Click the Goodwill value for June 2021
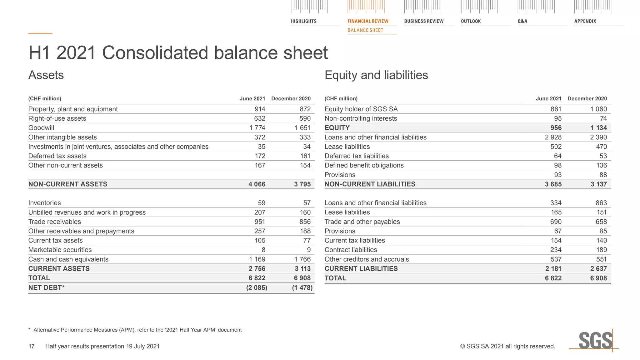point(257,128)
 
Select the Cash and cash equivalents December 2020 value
point(302,259)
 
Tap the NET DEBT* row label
point(46,287)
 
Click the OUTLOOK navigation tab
point(471,21)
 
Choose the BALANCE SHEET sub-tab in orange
point(365,30)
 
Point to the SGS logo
point(595,341)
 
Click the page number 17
point(32,346)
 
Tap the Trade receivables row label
point(54,222)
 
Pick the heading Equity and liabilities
point(376,75)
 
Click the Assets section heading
point(46,75)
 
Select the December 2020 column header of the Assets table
point(291,99)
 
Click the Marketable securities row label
point(60,250)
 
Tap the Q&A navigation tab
point(522,21)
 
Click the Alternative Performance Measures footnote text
point(137,330)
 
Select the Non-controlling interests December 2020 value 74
point(603,118)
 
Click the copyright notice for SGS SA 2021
point(507,346)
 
